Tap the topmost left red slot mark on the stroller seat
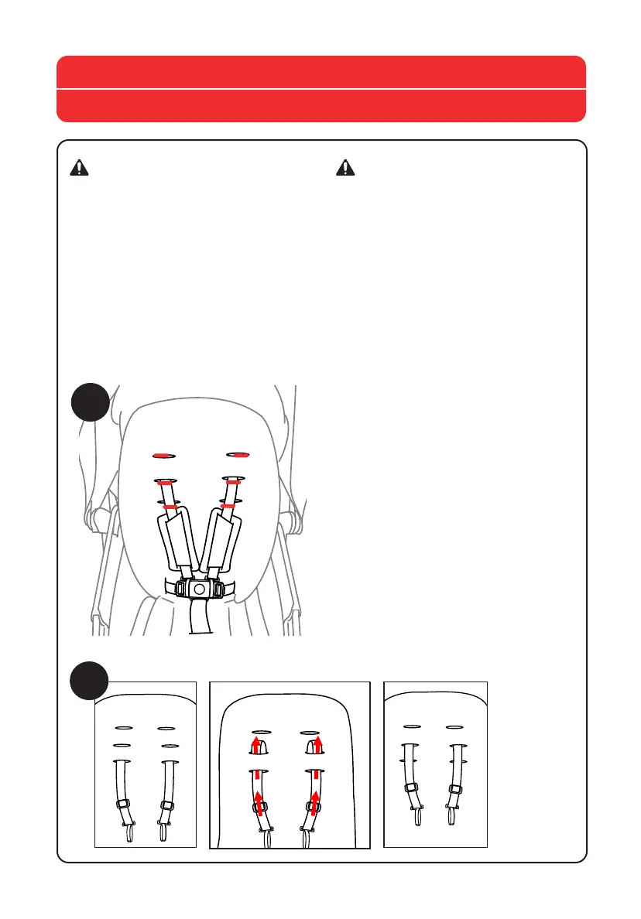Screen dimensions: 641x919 click(x=163, y=455)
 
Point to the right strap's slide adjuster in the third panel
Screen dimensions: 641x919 click(x=455, y=790)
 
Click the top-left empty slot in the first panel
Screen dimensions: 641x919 click(x=122, y=728)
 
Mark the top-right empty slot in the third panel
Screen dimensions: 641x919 click(x=454, y=727)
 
